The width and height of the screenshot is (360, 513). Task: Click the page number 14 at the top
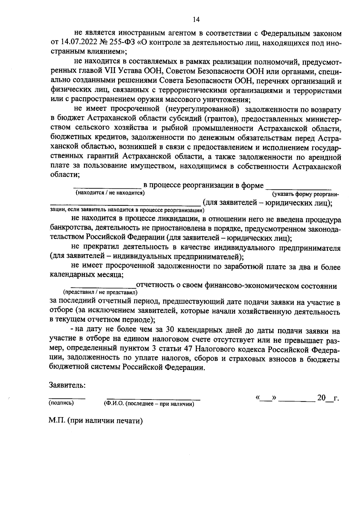[196, 20]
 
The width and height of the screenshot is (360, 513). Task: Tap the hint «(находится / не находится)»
[110, 193]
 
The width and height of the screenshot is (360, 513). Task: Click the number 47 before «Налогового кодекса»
[186, 349]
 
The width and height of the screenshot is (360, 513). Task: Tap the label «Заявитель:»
[67, 385]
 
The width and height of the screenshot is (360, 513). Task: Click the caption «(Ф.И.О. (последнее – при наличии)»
[147, 404]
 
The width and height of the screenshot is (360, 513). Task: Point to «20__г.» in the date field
[328, 398]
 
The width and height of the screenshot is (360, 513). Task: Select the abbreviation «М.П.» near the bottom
[57, 421]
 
